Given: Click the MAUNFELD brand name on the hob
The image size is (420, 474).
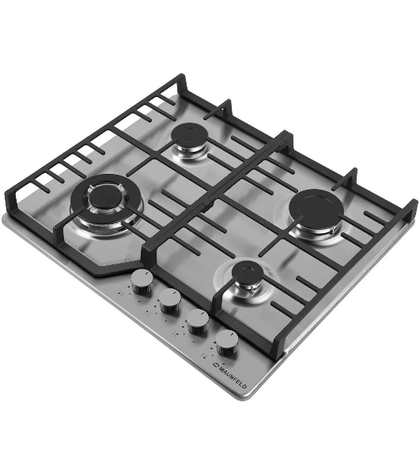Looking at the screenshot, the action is click(x=233, y=378).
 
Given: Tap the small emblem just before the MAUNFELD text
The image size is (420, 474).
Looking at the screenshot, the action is click(x=215, y=366).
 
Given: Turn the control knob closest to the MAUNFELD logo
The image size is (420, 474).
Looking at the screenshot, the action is click(x=227, y=343).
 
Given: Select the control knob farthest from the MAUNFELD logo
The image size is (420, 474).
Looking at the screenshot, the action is click(x=142, y=282).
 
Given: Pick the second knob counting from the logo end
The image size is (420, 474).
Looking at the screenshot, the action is click(x=198, y=322).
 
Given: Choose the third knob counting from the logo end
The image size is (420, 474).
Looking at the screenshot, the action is click(x=170, y=302).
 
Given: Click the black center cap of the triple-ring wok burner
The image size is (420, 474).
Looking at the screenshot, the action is click(x=104, y=195).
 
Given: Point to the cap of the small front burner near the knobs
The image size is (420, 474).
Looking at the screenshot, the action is click(x=247, y=272).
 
